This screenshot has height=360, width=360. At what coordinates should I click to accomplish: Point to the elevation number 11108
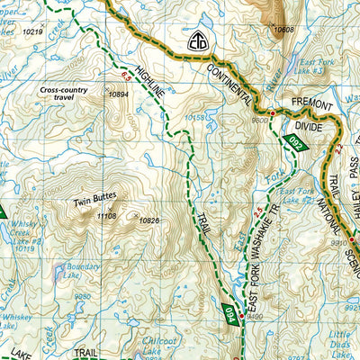coord(106,216)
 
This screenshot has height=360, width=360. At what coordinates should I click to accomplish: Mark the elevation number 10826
coord(149,220)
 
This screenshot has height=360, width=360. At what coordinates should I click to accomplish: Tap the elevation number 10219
coord(32,31)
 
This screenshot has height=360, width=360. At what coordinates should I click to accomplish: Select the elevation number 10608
coord(283,30)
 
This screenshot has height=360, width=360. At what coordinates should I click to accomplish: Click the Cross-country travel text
coord(69,90)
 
